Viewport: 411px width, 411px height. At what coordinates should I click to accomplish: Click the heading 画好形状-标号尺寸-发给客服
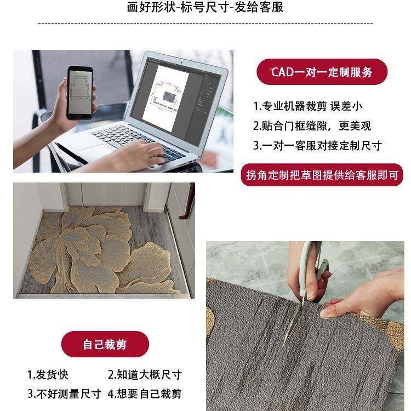205,8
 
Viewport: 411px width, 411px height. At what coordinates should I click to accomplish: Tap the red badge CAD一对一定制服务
322,72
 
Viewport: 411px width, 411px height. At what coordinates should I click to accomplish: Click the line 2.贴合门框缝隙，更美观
311,126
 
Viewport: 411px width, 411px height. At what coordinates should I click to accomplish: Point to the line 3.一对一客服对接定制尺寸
317,146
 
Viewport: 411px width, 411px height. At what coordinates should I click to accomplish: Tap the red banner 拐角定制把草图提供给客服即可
322,175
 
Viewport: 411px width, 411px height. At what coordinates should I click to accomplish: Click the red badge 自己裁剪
105,345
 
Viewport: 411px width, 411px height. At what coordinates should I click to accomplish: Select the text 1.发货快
48,375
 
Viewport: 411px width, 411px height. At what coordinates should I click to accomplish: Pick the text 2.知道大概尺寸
144,375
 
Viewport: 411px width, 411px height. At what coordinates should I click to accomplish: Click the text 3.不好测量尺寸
64,393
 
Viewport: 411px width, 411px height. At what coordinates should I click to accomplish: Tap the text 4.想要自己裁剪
144,393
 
